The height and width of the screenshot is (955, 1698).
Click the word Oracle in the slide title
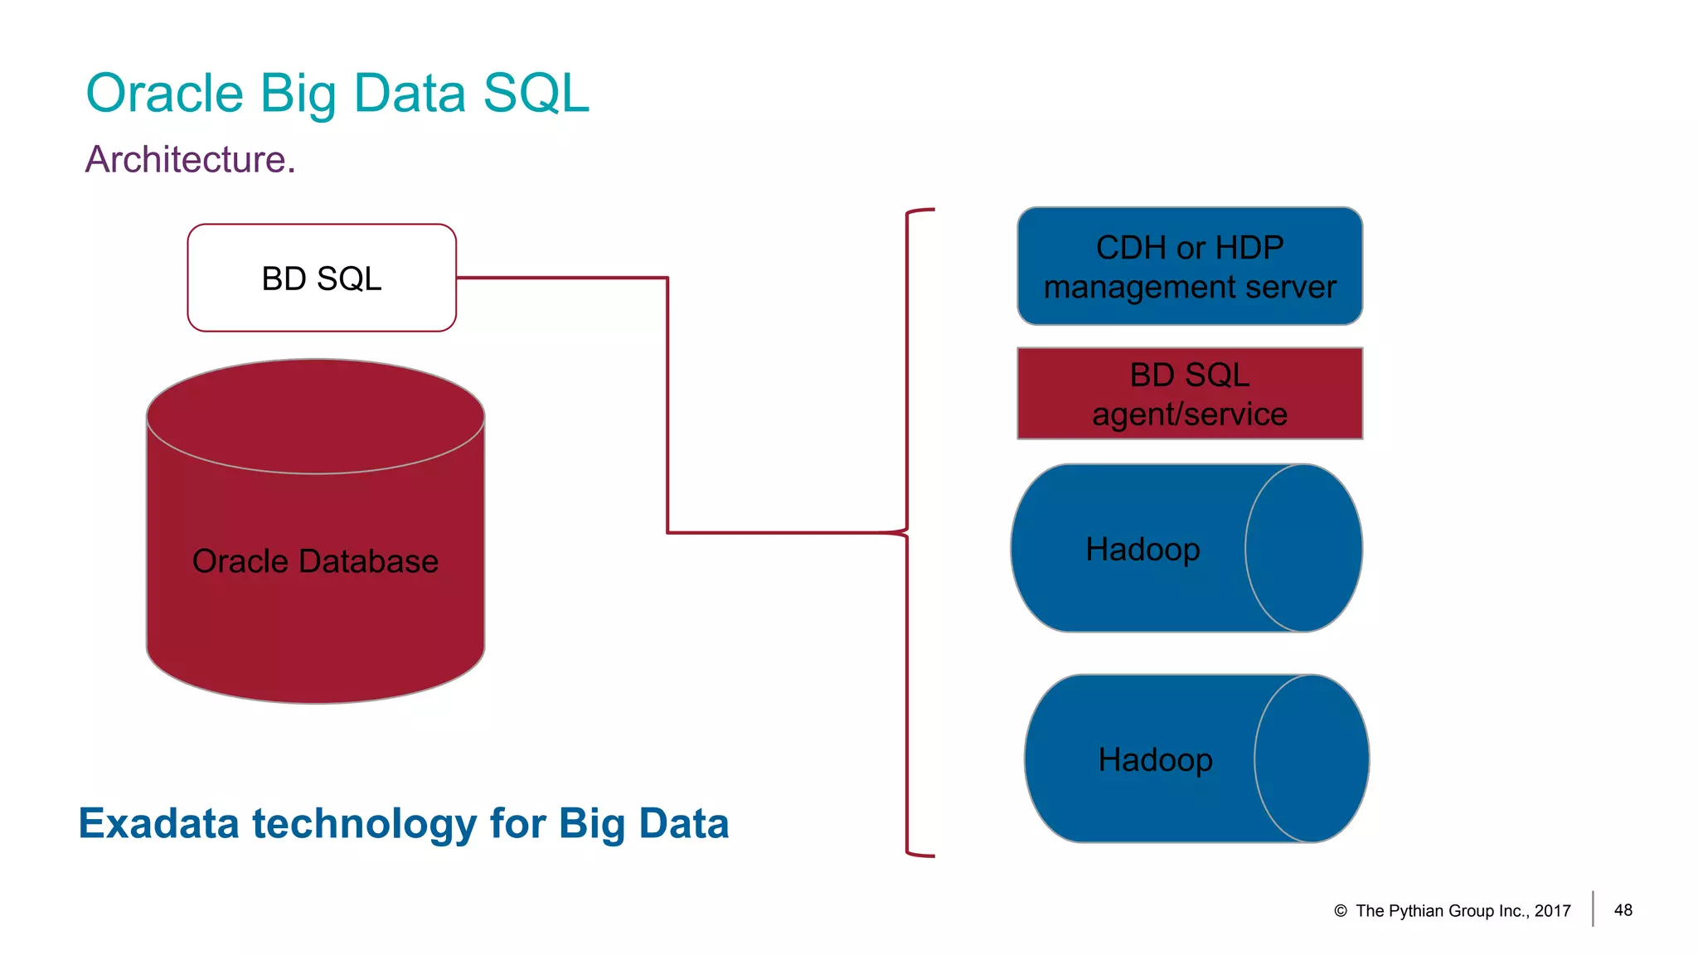[x=163, y=93]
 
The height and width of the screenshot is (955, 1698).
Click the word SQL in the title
[x=535, y=93]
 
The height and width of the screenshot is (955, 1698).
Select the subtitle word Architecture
[x=190, y=159]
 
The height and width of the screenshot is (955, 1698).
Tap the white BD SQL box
[x=322, y=279]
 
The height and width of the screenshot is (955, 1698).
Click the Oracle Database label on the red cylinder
[x=315, y=561]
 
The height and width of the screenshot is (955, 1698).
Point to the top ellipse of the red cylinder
[x=315, y=416]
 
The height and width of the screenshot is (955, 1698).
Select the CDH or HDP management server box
[x=1190, y=267]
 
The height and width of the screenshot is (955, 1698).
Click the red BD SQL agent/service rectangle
[x=1190, y=394]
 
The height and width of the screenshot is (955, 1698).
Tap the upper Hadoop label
[x=1143, y=550]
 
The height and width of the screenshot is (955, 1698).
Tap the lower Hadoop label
[x=1155, y=760]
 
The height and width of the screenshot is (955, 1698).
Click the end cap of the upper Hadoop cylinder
[x=1303, y=548]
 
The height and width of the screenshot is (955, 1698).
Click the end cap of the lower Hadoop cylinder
[x=1312, y=759]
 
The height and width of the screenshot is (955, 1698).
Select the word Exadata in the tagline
[x=158, y=823]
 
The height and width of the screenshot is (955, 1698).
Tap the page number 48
[x=1623, y=910]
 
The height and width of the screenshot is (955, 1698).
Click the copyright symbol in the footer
[x=1340, y=911]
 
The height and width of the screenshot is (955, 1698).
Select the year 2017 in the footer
[x=1552, y=911]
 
